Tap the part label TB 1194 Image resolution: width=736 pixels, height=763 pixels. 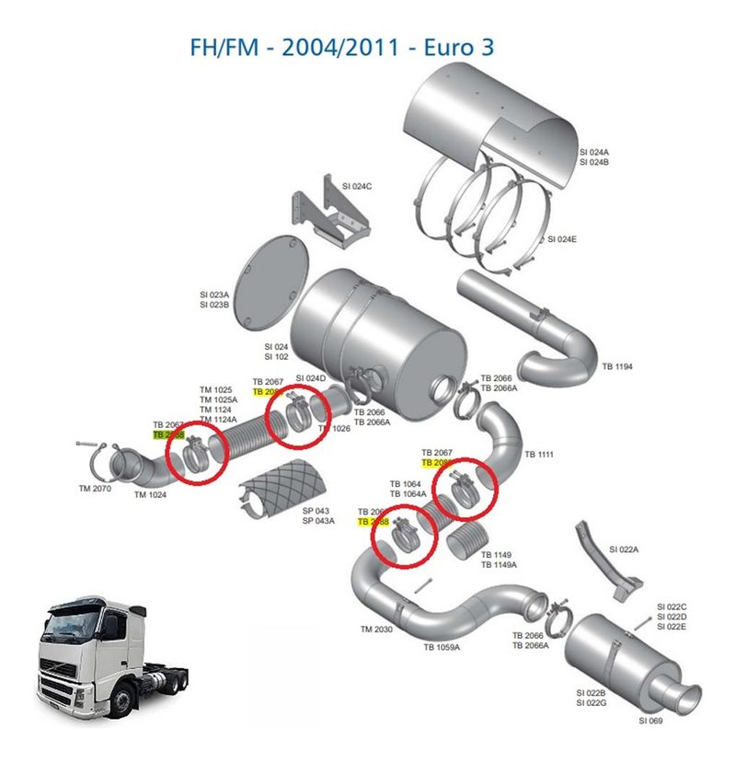[617, 366]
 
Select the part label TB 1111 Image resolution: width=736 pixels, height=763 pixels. [540, 455]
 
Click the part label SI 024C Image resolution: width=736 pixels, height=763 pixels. [354, 186]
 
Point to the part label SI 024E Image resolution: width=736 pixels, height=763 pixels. [561, 239]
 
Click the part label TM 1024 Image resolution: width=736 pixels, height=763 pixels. [152, 495]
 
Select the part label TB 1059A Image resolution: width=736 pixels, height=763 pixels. [442, 647]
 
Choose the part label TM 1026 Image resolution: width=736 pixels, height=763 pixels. [334, 428]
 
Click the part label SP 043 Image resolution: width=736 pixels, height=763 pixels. [316, 511]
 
